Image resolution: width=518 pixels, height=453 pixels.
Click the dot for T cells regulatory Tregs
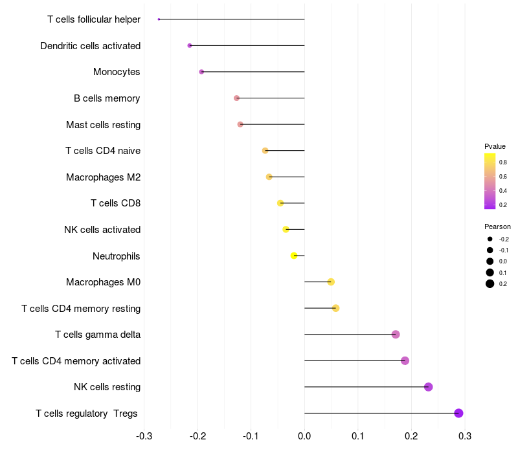[458, 413]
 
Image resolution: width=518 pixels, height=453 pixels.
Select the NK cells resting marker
[428, 387]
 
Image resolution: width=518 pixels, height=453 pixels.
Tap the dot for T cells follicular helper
[159, 19]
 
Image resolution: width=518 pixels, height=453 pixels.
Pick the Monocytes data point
[201, 72]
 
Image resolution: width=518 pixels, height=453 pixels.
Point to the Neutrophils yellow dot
[294, 256]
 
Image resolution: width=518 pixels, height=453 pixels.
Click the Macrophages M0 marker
[331, 282]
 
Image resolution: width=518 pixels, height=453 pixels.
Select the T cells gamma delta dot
[396, 335]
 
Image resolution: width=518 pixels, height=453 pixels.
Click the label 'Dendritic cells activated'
[90, 46]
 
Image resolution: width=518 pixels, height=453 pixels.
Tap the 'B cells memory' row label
[107, 98]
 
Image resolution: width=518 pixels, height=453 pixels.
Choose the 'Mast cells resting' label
[103, 124]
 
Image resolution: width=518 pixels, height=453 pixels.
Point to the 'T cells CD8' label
[115, 203]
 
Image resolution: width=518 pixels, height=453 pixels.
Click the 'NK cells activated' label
[102, 230]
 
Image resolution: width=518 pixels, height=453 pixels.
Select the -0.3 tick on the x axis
[144, 436]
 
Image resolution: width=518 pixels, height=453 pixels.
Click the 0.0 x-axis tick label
[304, 436]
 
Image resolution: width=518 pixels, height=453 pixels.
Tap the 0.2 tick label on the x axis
[411, 436]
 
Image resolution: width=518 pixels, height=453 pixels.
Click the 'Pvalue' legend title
[495, 146]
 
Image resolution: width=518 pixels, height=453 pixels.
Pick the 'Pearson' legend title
[497, 226]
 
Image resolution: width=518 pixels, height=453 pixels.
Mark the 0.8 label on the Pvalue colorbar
[502, 162]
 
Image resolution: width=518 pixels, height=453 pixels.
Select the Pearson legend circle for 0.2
[490, 284]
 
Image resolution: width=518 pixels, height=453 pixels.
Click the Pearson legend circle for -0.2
[490, 239]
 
